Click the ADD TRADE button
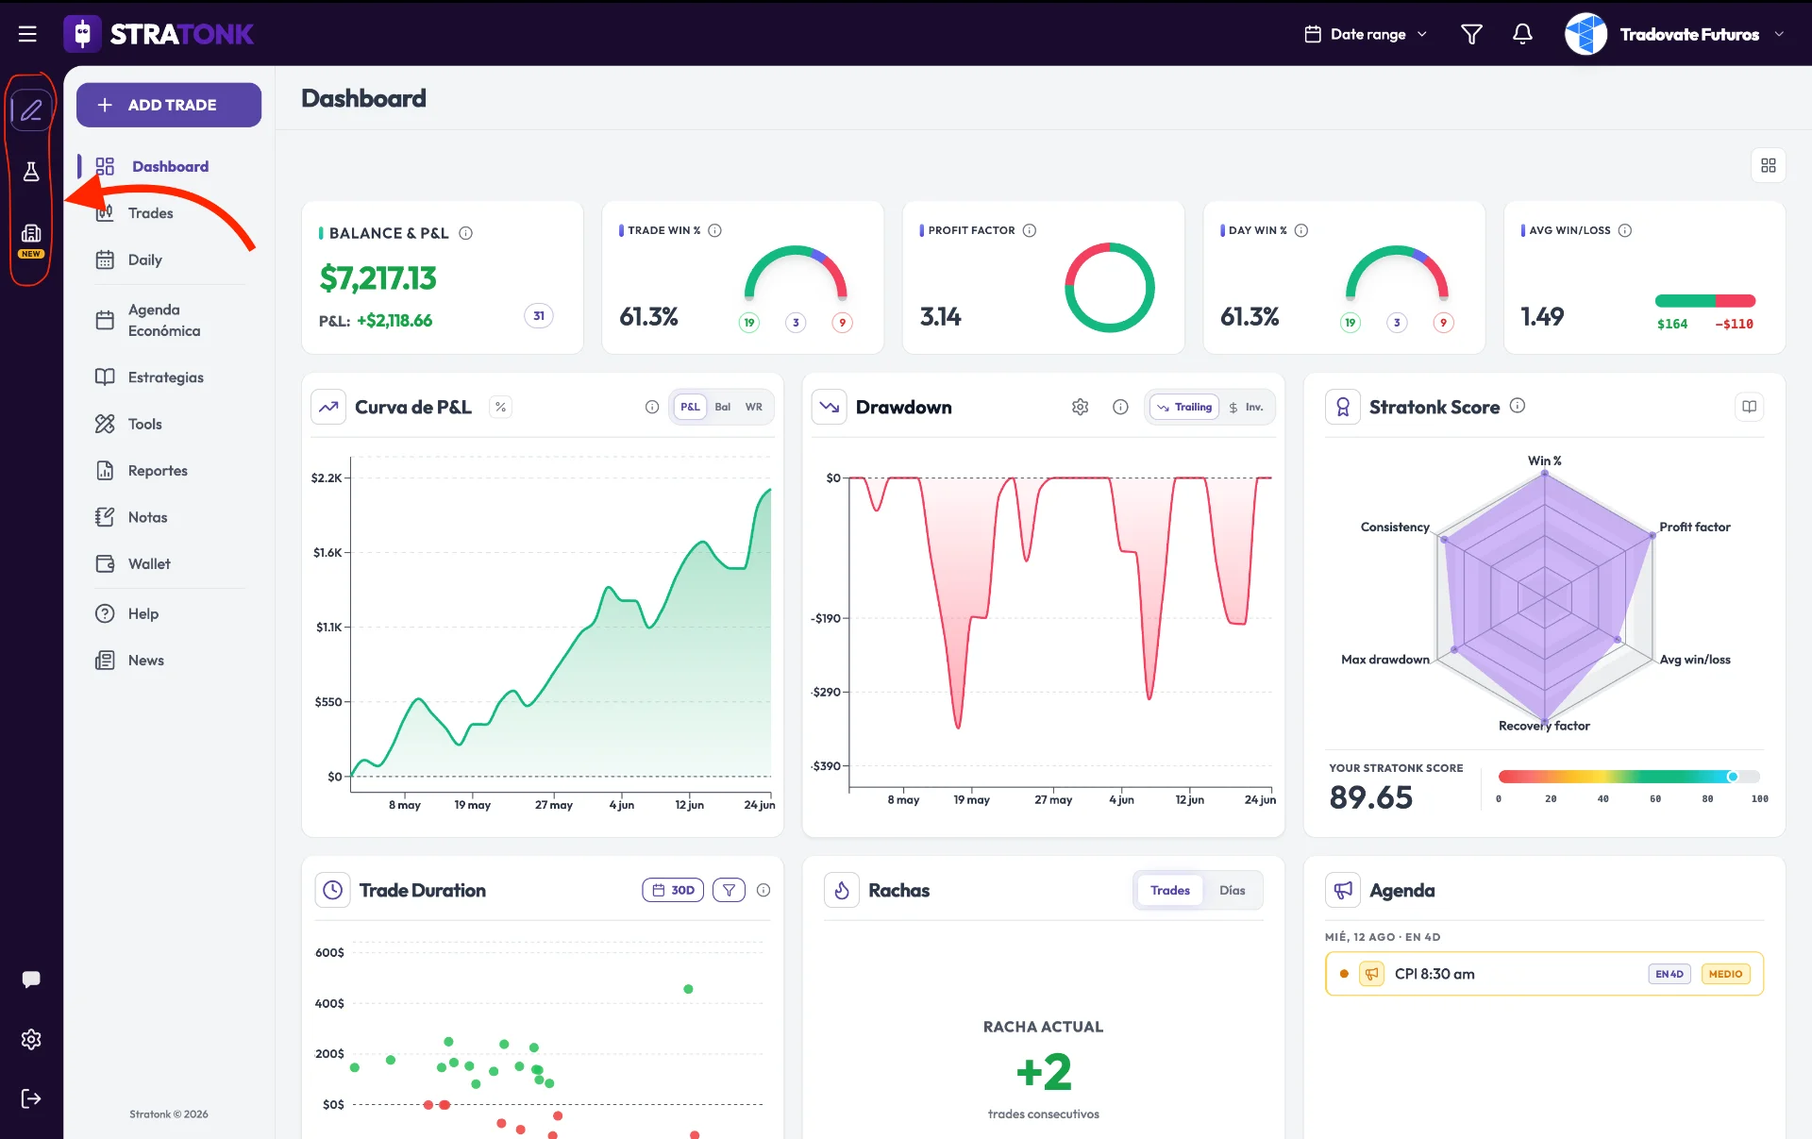pyautogui.click(x=169, y=105)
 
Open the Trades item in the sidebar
pyautogui.click(x=150, y=213)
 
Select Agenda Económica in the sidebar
pyautogui.click(x=164, y=320)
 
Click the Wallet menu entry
pyautogui.click(x=149, y=563)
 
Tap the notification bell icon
pyautogui.click(x=1522, y=34)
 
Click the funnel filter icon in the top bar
pyautogui.click(x=1471, y=34)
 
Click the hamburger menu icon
pyautogui.click(x=27, y=34)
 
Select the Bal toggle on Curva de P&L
pyautogui.click(x=723, y=407)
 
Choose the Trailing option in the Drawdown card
pyautogui.click(x=1184, y=407)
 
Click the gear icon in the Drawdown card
pyautogui.click(x=1080, y=407)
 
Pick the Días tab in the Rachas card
pyautogui.click(x=1232, y=890)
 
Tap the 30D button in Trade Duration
pyautogui.click(x=673, y=890)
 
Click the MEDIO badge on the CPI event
pyautogui.click(x=1725, y=974)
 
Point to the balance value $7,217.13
pyautogui.click(x=377, y=278)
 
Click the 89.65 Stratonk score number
pyautogui.click(x=1370, y=797)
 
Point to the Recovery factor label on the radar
pyautogui.click(x=1544, y=726)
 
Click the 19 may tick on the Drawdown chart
pyautogui.click(x=971, y=799)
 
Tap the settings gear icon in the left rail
pyautogui.click(x=31, y=1039)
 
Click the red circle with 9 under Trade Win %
pyautogui.click(x=842, y=323)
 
